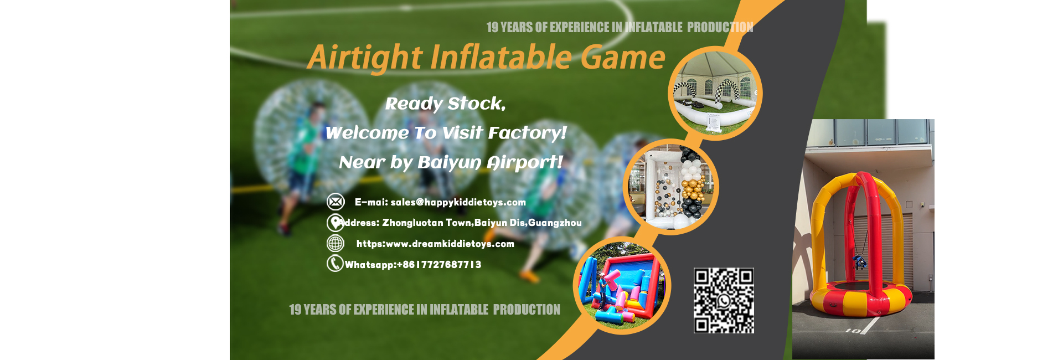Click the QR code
(724, 300)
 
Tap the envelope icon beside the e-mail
(336, 202)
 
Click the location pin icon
(335, 223)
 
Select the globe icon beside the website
(336, 243)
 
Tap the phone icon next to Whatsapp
(335, 263)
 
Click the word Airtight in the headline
(365, 58)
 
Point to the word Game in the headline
(623, 58)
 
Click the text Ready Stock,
(445, 104)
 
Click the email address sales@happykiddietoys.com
(458, 202)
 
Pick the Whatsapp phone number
(439, 265)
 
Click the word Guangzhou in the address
(555, 223)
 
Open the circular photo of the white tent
(715, 93)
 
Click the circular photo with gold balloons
(671, 187)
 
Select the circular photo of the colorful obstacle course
(622, 285)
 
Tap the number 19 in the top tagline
(492, 27)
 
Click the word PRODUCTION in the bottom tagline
(527, 310)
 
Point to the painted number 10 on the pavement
(853, 331)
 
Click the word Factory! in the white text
(528, 133)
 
